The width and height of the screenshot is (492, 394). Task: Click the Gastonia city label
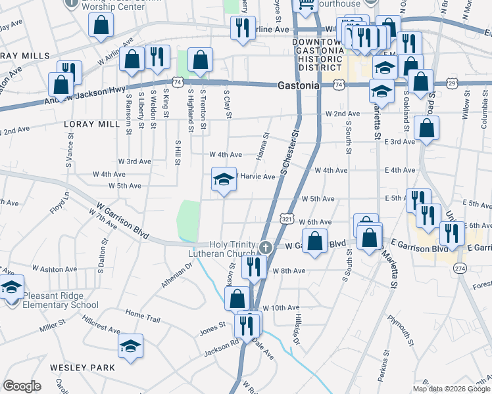(299, 85)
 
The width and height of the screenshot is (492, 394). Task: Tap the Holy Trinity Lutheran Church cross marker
(266, 248)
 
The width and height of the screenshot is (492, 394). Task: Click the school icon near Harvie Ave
(224, 179)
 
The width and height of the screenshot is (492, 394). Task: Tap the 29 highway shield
(452, 83)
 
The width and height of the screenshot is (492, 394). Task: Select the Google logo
(22, 386)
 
